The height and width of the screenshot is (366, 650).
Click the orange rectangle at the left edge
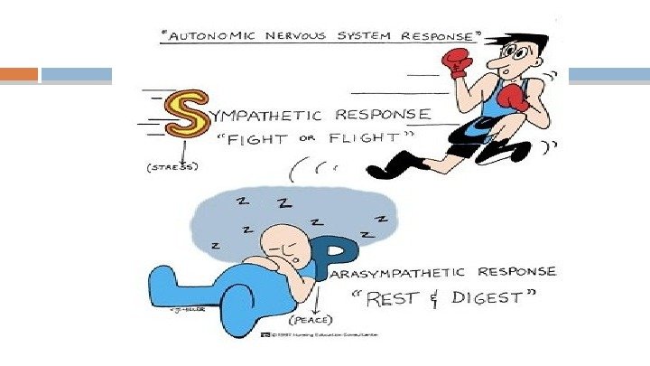(19, 75)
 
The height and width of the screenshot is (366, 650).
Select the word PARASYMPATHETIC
(406, 271)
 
